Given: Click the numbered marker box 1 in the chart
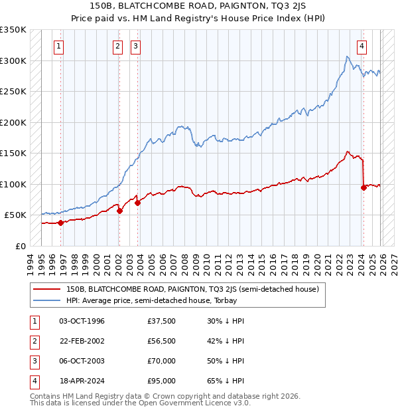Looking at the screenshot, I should click(x=60, y=47).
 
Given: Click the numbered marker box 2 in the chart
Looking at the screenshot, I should click(x=117, y=47).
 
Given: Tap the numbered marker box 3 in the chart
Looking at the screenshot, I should click(x=135, y=47).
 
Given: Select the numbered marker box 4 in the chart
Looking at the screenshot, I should click(x=362, y=47).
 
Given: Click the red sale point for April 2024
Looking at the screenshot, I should click(x=364, y=187).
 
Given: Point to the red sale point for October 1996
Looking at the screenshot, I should click(x=60, y=223).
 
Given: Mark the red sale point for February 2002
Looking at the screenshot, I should click(x=119, y=211).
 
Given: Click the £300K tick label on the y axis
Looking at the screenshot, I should click(x=13, y=60).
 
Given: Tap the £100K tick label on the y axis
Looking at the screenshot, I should click(x=13, y=184).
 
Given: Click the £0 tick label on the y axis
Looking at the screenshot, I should click(x=21, y=246).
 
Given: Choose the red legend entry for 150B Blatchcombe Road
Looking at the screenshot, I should click(x=192, y=289).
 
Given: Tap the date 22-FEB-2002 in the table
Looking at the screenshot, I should click(x=82, y=341).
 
